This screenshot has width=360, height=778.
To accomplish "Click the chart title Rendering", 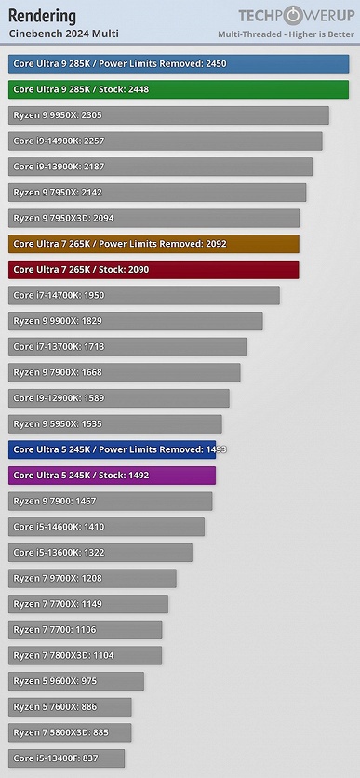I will tap(43, 16).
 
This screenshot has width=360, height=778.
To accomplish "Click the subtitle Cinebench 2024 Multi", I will tap(64, 34).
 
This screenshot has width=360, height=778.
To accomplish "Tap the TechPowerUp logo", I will tap(296, 15).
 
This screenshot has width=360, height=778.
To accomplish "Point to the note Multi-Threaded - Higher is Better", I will tap(286, 34).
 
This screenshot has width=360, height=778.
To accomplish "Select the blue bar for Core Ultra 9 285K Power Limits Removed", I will tap(179, 64).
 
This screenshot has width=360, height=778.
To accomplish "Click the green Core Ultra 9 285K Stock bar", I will tap(179, 89).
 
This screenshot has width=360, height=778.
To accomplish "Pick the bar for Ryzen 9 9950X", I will tap(168, 115).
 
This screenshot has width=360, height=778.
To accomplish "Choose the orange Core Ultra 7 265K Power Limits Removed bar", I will tap(153, 244).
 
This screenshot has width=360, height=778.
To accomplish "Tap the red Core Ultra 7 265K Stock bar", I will tap(153, 270).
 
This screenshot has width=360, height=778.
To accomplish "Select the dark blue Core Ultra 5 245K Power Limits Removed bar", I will tap(112, 449).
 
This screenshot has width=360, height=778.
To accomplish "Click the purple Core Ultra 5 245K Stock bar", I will tap(112, 476).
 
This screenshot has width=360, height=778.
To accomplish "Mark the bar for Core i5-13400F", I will tap(66, 758).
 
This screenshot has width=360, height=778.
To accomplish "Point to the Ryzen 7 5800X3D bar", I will tap(70, 732).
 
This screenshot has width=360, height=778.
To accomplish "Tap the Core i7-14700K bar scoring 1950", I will tap(144, 295).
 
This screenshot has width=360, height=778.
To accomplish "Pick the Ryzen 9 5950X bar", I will tap(115, 423).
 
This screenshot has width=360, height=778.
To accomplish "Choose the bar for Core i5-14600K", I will tap(106, 527).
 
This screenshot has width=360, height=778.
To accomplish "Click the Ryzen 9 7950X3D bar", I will tap(153, 218).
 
